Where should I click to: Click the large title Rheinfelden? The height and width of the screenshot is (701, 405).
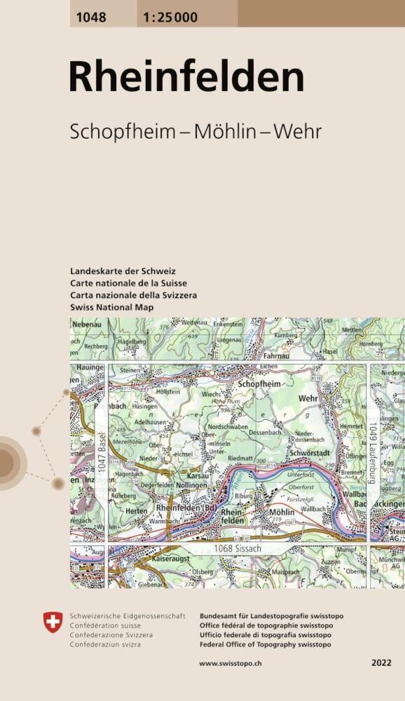click(186, 78)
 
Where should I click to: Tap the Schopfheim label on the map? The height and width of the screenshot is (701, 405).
click(259, 385)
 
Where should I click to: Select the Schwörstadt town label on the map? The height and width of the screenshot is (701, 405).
click(309, 454)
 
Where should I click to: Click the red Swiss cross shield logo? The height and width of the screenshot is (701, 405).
click(53, 621)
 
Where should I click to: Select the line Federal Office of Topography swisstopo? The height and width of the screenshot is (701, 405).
click(266, 644)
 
